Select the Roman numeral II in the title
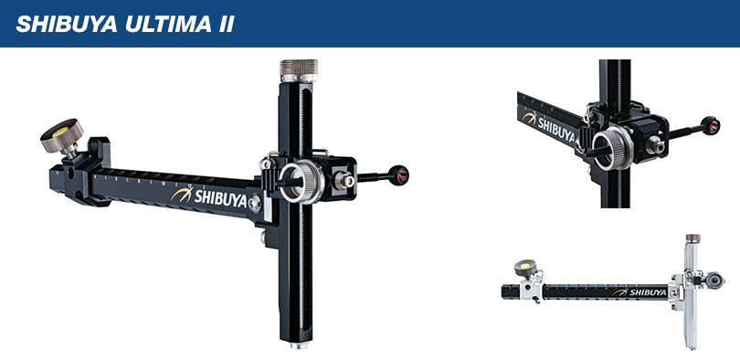(222, 23)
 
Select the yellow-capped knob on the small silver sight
(526, 268)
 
